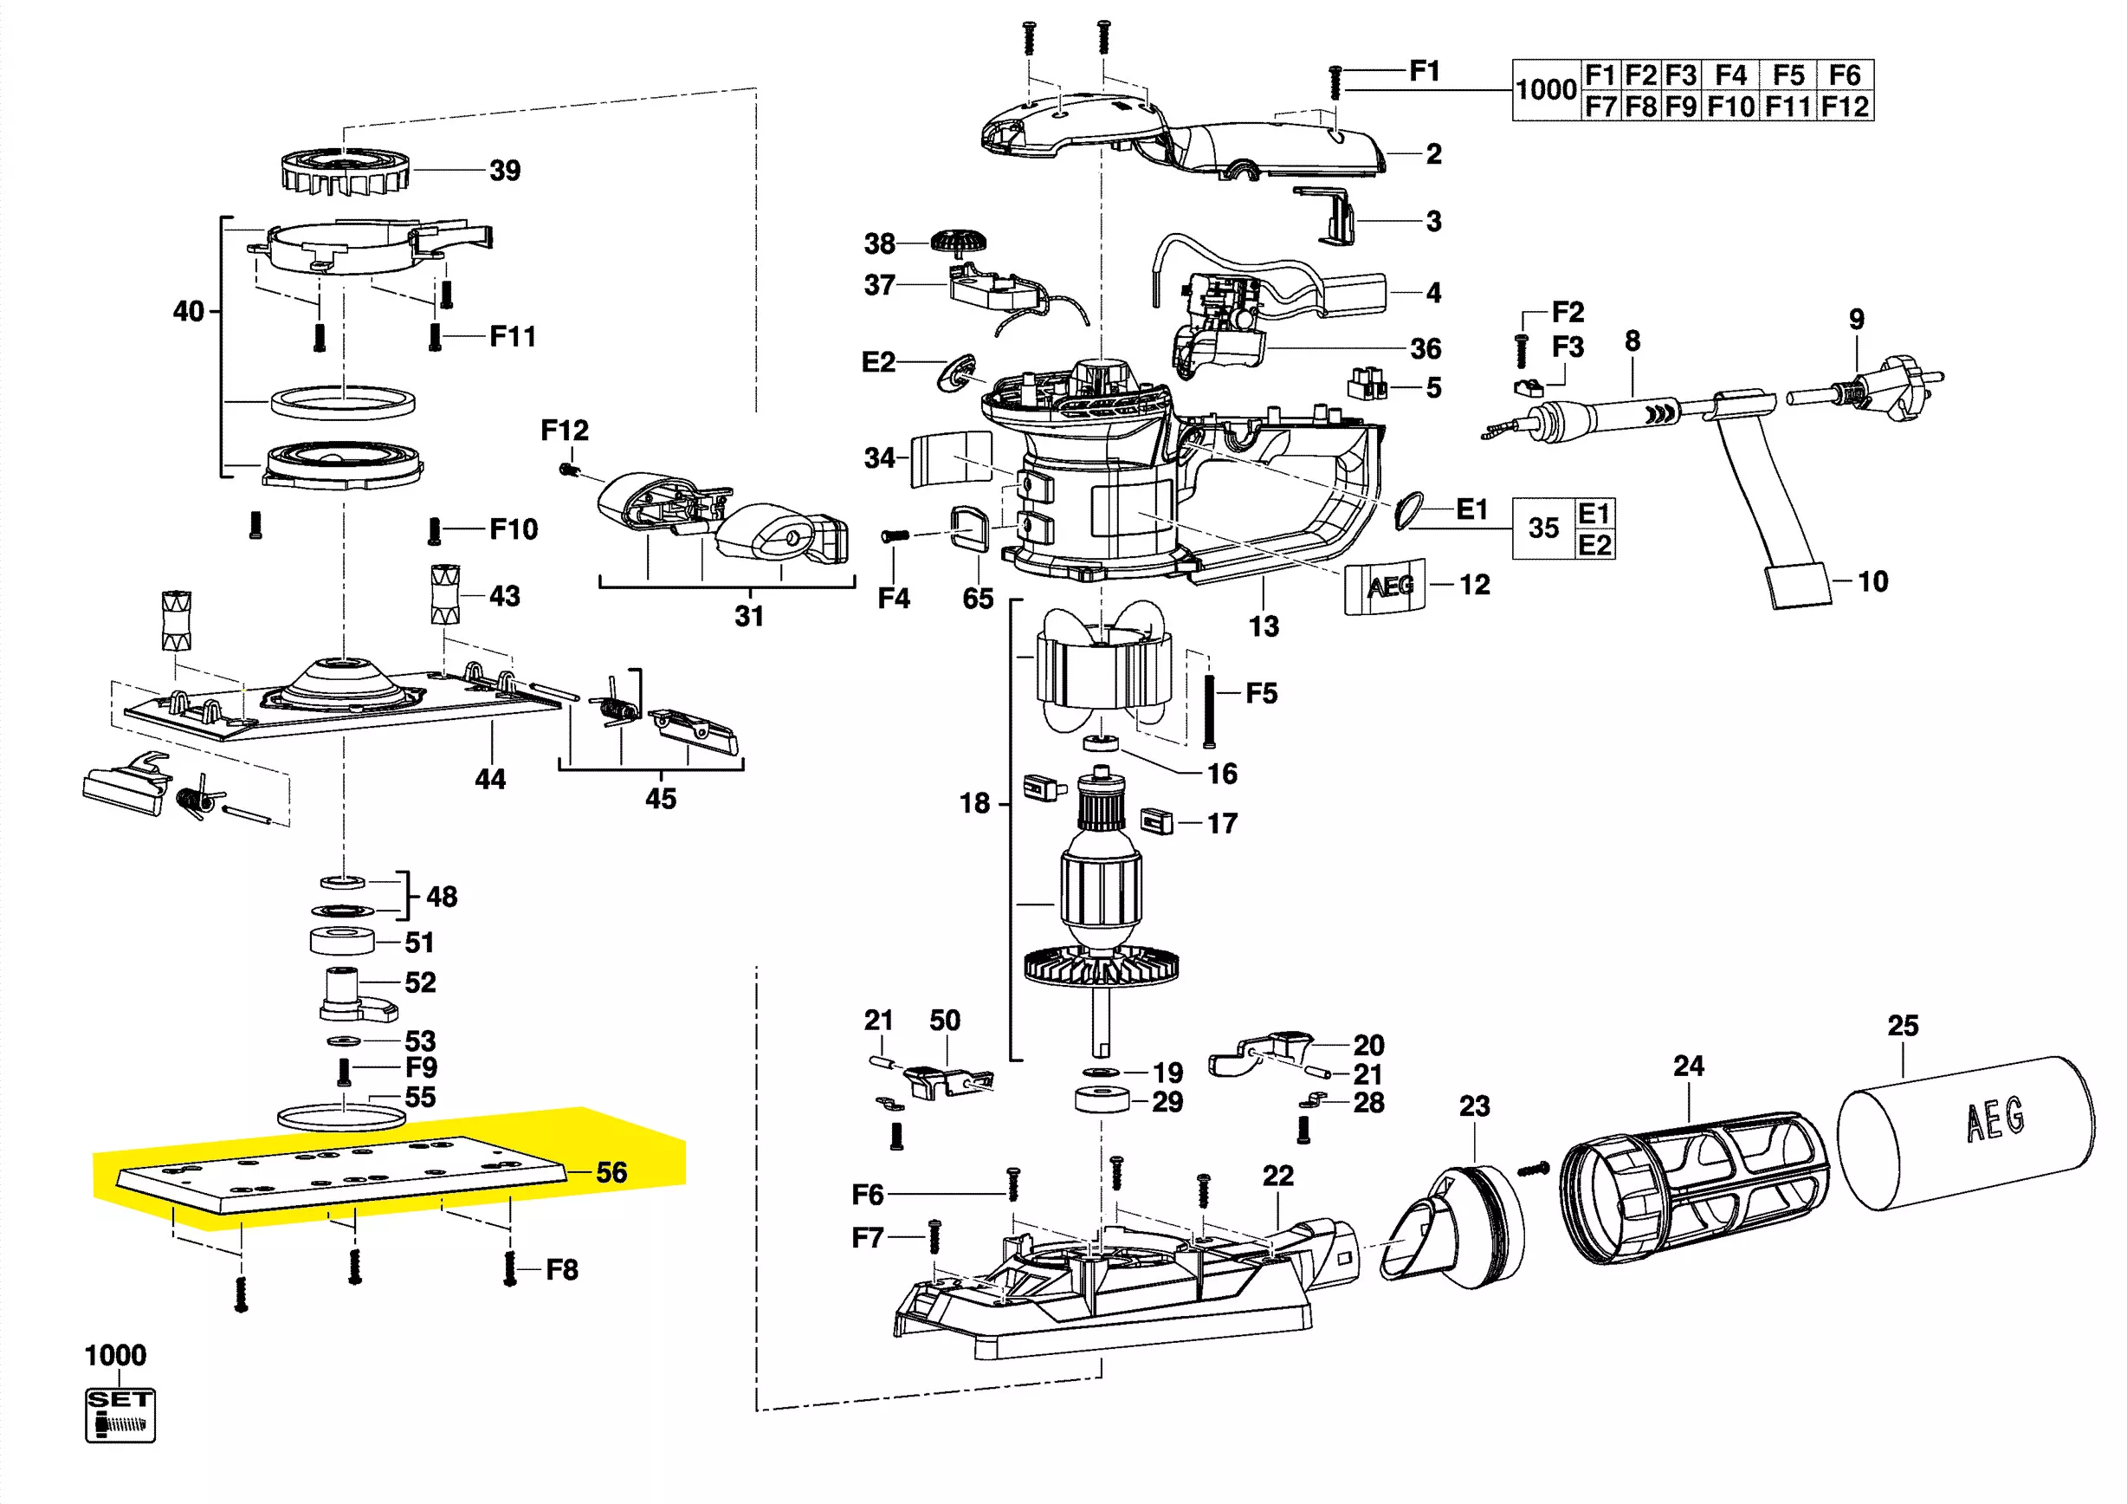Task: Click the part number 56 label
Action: pos(611,1172)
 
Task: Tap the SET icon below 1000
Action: pos(120,1414)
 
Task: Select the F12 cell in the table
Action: pos(1845,106)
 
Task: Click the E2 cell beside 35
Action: pos(1594,545)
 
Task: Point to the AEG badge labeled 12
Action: pos(1386,586)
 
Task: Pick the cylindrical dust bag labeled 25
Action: pos(1966,1132)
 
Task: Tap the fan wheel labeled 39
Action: pos(345,172)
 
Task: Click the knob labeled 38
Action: pos(959,243)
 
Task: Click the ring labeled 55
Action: pos(342,1116)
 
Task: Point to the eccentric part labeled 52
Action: pos(357,995)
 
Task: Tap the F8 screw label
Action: pos(561,1269)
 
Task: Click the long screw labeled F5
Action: pos(1209,711)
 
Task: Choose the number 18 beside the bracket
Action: pos(974,802)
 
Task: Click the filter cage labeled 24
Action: pos(1694,1189)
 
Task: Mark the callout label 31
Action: pos(749,616)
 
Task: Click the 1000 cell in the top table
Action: pos(1545,90)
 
